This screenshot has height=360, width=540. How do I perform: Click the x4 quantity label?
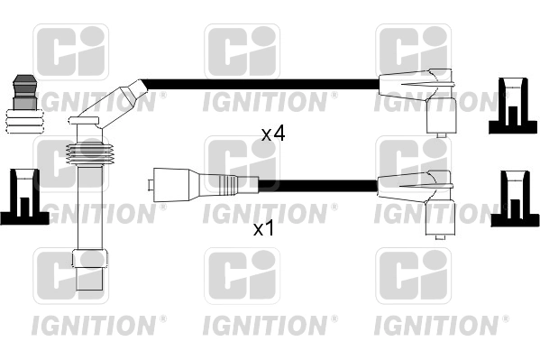click(273, 134)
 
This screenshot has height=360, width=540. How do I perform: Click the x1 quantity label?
click(264, 228)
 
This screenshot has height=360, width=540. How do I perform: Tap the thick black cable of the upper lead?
click(261, 84)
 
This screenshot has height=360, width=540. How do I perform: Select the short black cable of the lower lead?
click(317, 186)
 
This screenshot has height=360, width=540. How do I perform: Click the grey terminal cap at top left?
click(24, 92)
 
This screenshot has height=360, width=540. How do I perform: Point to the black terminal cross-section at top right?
click(513, 106)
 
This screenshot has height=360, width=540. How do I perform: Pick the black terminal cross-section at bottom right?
click(515, 198)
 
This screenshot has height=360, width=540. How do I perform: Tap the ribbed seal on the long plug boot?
click(89, 154)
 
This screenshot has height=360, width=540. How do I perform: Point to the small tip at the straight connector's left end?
click(151, 185)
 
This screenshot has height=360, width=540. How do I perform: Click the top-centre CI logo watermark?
click(243, 51)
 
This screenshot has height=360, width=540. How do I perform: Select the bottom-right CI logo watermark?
click(413, 275)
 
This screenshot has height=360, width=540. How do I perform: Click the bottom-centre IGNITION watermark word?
click(265, 325)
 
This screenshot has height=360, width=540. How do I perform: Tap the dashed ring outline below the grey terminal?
click(25, 122)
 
